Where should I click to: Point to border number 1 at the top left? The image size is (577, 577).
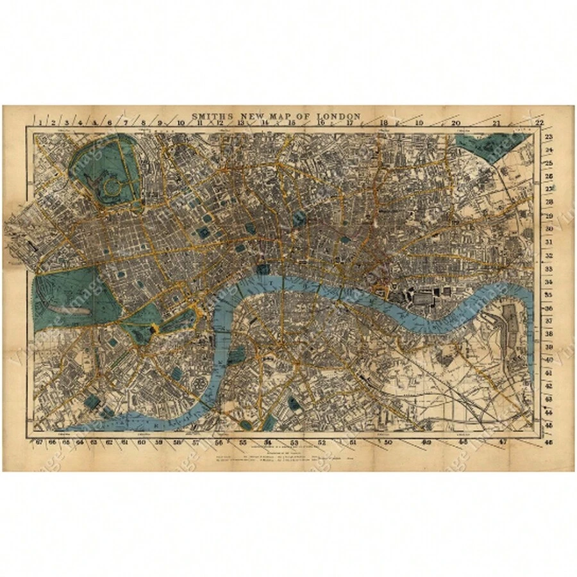tap(40, 121)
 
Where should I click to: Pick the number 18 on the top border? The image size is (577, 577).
tap(383, 122)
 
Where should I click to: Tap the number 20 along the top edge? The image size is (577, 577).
tap(456, 122)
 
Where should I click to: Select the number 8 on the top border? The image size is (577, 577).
tap(143, 121)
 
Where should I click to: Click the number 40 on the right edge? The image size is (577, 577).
tap(548, 360)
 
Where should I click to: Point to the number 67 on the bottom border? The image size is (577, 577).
tap(40, 442)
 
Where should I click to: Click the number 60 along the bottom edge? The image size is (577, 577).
tap(142, 442)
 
